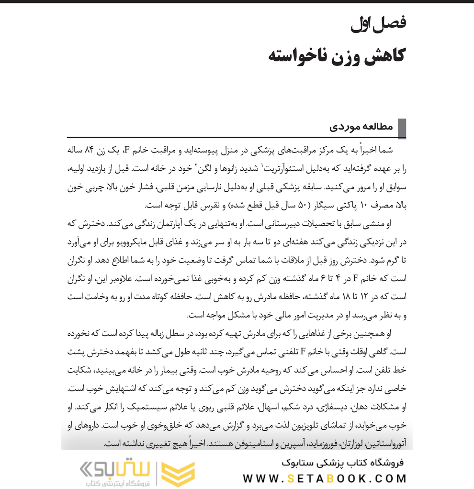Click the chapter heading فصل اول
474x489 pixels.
(378, 23)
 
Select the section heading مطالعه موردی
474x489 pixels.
(361, 127)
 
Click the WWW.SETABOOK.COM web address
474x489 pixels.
(325, 478)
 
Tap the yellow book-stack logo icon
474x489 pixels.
(179, 474)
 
